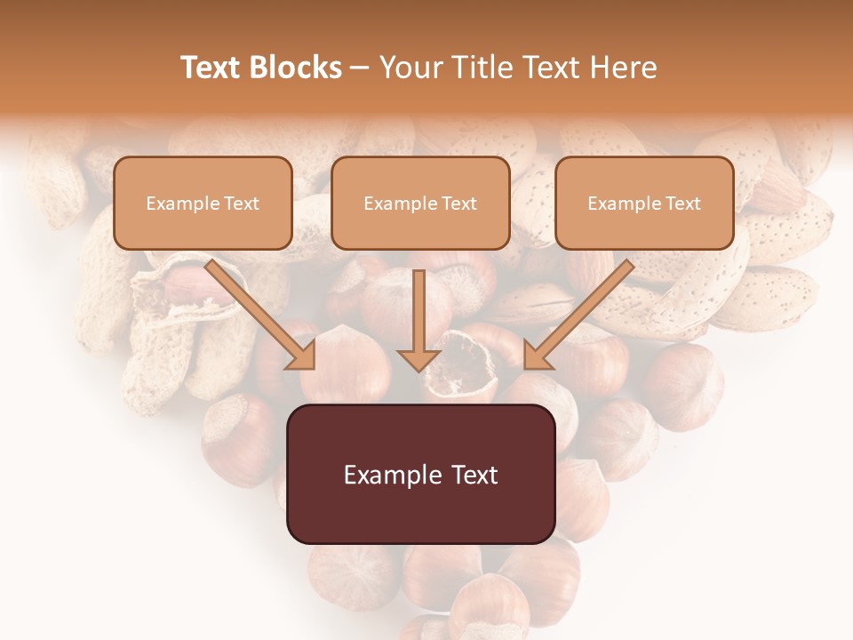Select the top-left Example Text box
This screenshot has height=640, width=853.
(x=203, y=203)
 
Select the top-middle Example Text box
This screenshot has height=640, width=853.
(x=420, y=203)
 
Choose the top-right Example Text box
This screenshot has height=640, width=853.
(x=644, y=203)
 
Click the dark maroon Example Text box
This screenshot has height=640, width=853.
(x=420, y=474)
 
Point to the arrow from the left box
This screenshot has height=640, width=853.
(x=263, y=315)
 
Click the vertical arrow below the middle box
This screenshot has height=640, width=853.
(x=419, y=320)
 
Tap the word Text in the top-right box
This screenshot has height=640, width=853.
(x=682, y=204)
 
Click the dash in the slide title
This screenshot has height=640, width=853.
(x=360, y=68)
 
